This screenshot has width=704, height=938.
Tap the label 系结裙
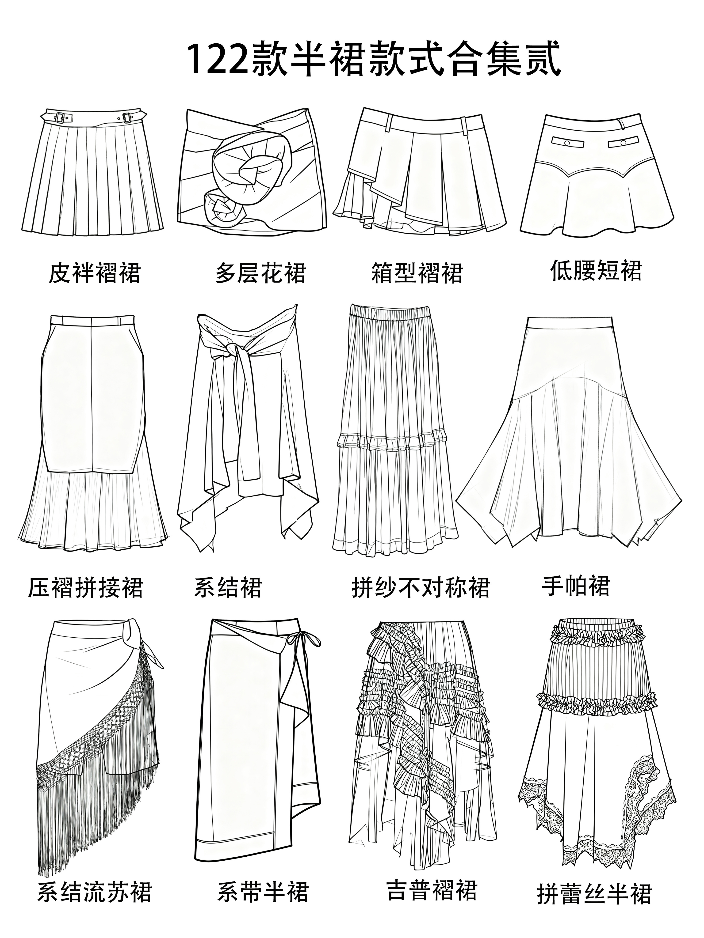click(228, 587)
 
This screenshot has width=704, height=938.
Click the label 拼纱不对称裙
click(421, 587)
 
